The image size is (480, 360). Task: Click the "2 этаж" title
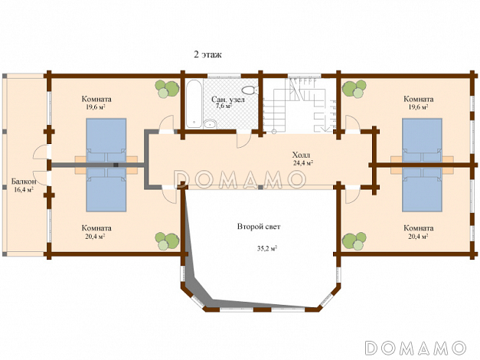point(207,54)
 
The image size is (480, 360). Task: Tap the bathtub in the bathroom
point(192,103)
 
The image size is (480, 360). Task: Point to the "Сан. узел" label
point(227,99)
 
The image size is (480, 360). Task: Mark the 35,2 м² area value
point(266,248)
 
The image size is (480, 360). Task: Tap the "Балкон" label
point(23,182)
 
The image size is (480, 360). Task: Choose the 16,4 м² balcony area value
point(24,190)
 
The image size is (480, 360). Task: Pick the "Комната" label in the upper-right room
point(419,99)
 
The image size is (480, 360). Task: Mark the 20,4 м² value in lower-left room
point(96,237)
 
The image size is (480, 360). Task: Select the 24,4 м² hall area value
point(303,162)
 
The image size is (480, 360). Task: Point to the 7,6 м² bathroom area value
point(224,106)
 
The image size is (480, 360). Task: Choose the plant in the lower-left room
point(162,240)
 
